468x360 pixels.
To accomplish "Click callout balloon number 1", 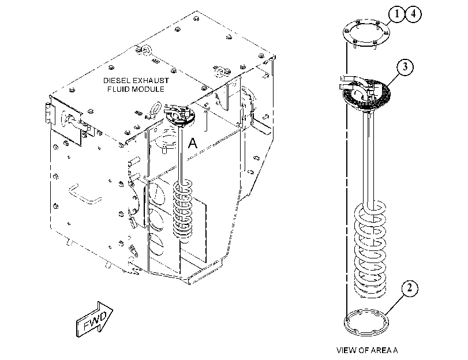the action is pyautogui.click(x=396, y=14).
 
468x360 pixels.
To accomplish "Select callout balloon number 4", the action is pyautogui.click(x=413, y=14).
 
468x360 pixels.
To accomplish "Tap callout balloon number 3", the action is pyautogui.click(x=405, y=67).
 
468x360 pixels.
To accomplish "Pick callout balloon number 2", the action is pyautogui.click(x=409, y=288).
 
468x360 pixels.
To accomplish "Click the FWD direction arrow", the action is pyautogui.click(x=95, y=320).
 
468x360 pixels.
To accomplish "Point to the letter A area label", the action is pyautogui.click(x=193, y=143).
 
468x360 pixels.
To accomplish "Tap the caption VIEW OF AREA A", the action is pyautogui.click(x=367, y=350).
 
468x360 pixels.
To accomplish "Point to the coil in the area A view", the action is pyautogui.click(x=370, y=250).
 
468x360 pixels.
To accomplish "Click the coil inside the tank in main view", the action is pyautogui.click(x=183, y=209).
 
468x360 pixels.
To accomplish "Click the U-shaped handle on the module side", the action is pyautogui.click(x=85, y=194).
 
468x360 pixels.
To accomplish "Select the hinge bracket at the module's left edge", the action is pyautogui.click(x=47, y=113).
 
